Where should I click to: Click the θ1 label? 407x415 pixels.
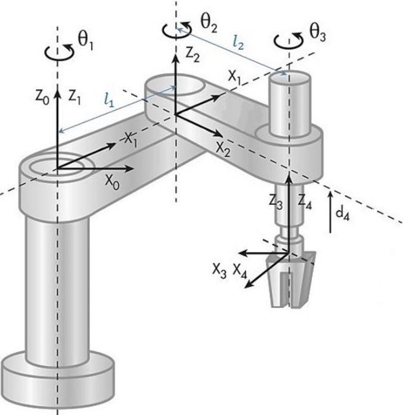click(85, 42)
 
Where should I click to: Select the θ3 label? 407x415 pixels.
click(318, 34)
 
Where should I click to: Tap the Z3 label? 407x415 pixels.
click(276, 202)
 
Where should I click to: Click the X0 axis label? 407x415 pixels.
click(112, 182)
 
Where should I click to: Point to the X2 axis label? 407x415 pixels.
click(223, 149)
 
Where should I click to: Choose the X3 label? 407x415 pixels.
click(220, 270)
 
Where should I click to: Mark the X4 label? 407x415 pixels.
click(240, 271)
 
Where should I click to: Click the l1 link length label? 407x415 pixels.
click(109, 100)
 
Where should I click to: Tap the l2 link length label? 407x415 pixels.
click(238, 43)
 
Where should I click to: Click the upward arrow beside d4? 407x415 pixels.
click(330, 212)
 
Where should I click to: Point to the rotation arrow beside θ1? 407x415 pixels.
click(59, 52)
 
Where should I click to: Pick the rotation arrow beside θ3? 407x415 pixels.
click(288, 41)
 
